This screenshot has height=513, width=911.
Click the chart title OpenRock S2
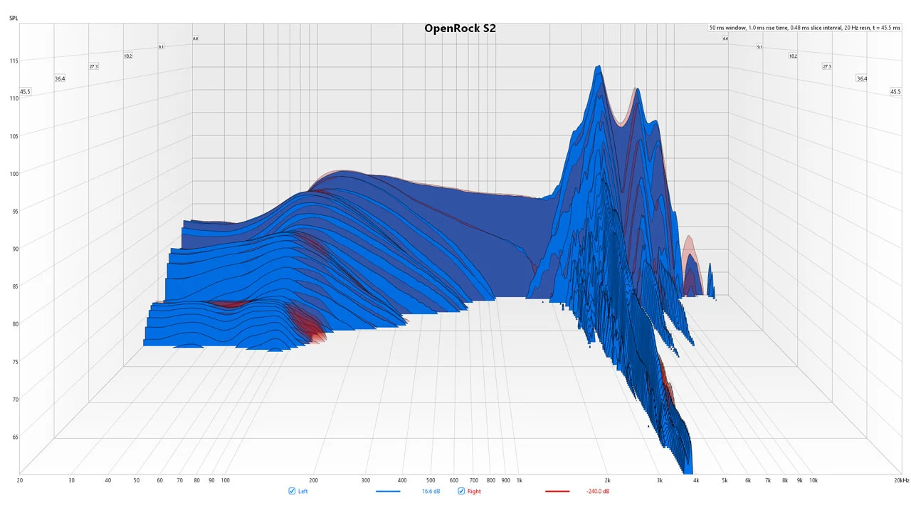pyautogui.click(x=460, y=28)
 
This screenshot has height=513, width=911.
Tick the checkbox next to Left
pyautogui.click(x=292, y=492)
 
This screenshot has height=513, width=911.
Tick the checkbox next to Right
pyautogui.click(x=461, y=492)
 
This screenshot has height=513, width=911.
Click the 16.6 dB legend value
pyautogui.click(x=431, y=492)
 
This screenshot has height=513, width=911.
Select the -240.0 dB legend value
pyautogui.click(x=597, y=492)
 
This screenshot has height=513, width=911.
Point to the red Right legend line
pyautogui.click(x=557, y=492)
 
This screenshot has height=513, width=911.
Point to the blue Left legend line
pyautogui.click(x=388, y=492)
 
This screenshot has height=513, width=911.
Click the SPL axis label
pyautogui.click(x=14, y=17)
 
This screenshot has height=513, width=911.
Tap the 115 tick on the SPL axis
pyautogui.click(x=14, y=61)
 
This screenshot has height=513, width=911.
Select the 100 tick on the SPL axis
pyautogui.click(x=14, y=173)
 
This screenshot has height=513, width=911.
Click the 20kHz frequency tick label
pyautogui.click(x=901, y=480)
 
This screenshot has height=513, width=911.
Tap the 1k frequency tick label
pyautogui.click(x=519, y=480)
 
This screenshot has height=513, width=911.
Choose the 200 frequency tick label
pyautogui.click(x=313, y=480)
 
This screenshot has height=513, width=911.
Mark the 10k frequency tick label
pyautogui.click(x=813, y=480)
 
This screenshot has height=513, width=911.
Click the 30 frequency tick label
pyautogui.click(x=71, y=480)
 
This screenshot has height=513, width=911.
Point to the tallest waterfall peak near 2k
pyautogui.click(x=599, y=67)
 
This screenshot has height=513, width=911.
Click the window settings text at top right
pyautogui.click(x=804, y=28)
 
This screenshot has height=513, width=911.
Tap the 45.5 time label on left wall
pyautogui.click(x=26, y=92)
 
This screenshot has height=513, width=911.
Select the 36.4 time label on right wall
pyautogui.click(x=862, y=78)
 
